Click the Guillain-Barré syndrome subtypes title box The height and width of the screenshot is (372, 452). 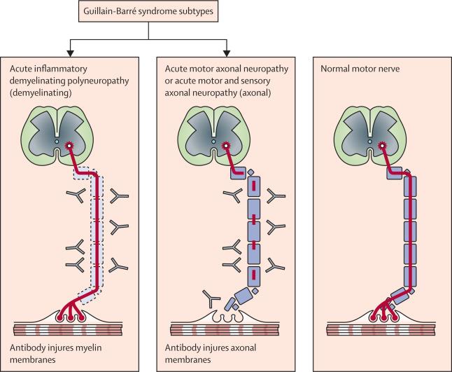[148, 11]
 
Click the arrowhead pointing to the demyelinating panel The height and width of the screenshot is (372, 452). [71, 53]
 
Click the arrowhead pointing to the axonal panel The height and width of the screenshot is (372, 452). [227, 53]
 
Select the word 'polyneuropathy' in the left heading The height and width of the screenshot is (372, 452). [98, 81]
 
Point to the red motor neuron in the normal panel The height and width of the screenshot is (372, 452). [382, 146]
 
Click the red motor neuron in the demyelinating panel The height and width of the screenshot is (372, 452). [69, 146]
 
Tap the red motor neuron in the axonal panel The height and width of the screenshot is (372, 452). [225, 146]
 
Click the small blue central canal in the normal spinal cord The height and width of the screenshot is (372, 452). [369, 142]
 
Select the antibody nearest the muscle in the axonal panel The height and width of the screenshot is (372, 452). [211, 298]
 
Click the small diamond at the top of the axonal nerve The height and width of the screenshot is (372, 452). [250, 172]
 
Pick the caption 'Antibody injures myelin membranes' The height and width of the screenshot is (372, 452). [56, 354]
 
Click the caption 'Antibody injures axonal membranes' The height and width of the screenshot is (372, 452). [211, 354]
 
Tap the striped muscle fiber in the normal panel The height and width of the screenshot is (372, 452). [381, 330]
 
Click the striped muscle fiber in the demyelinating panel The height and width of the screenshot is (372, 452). [68, 330]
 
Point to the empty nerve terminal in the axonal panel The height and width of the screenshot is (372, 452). [227, 317]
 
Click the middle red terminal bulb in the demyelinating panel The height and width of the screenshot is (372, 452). [71, 318]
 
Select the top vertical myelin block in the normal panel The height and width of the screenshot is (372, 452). [410, 187]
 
